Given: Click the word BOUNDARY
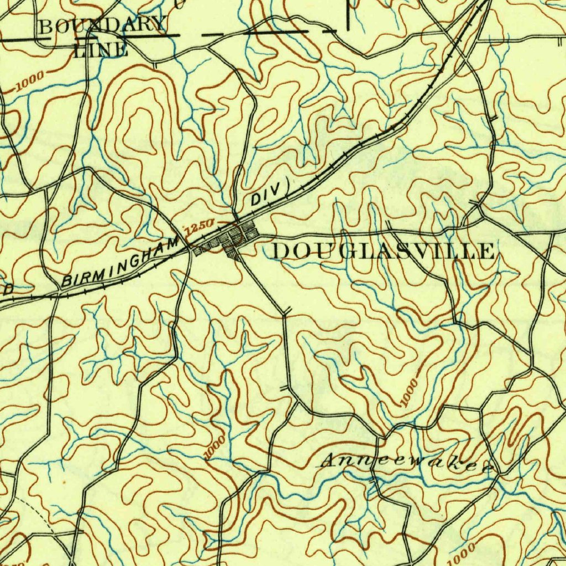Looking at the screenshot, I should click(x=103, y=25).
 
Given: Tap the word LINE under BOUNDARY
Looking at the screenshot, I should click(x=101, y=50).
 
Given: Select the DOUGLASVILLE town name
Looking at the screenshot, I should click(x=384, y=251).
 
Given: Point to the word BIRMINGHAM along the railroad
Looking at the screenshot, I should click(x=122, y=261).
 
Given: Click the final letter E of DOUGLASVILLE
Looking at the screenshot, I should click(x=486, y=251).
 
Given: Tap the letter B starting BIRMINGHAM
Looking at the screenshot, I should click(x=69, y=281).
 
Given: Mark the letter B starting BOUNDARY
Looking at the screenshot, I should click(x=46, y=26).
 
